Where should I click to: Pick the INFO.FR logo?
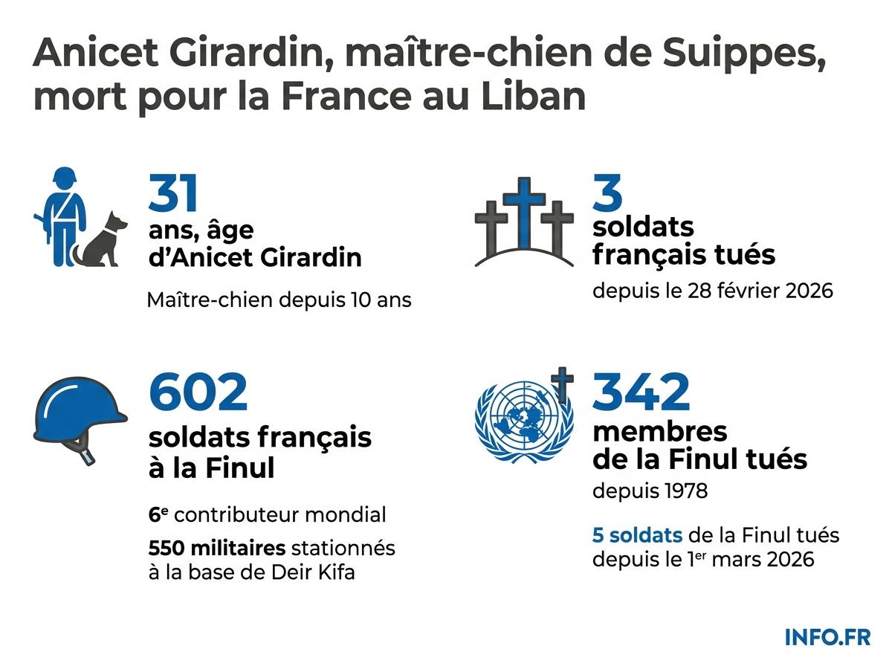coord(827,636)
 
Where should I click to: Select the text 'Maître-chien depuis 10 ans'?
coord(279,300)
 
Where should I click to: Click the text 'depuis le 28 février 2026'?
coord(712,290)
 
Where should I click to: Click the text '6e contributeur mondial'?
coord(267,514)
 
